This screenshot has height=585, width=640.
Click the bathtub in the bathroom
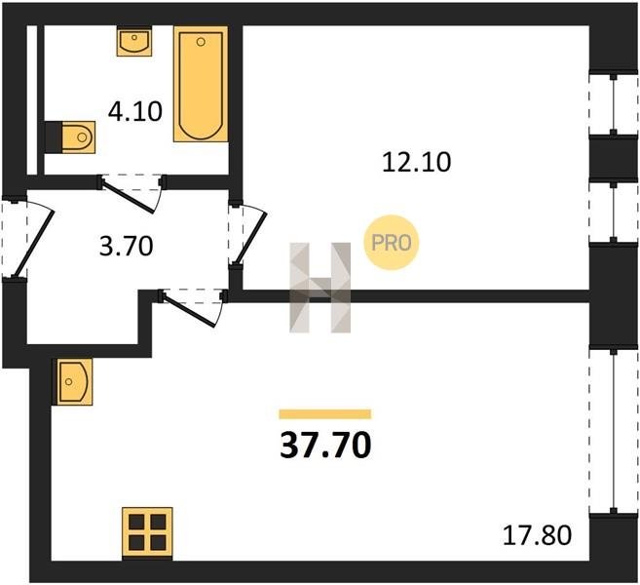coord(201,84)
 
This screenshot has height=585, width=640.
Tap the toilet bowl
coord(78,137)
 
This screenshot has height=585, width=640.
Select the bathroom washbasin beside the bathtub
coord(134,41)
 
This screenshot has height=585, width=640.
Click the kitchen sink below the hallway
coord(75,382)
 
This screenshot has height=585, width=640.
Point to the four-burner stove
coord(147,532)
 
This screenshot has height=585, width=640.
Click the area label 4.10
coord(135,111)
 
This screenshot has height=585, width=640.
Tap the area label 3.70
coord(126,247)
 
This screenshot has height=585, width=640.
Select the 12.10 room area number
coord(416,162)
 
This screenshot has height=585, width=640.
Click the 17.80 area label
coord(537,535)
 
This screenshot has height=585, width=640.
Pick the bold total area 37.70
coord(325,445)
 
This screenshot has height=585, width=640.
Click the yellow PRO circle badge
coord(391,243)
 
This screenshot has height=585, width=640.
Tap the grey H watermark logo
coord(320,288)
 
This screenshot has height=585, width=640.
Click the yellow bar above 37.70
coord(325,414)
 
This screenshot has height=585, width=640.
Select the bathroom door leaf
coord(129,197)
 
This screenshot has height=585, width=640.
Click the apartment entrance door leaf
coord(34,243)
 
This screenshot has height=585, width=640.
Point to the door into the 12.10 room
coord(250,238)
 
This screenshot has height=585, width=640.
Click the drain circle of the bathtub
coord(201,42)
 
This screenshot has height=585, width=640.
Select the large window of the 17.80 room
coord(614,431)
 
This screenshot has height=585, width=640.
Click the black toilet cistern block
coord(53,137)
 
